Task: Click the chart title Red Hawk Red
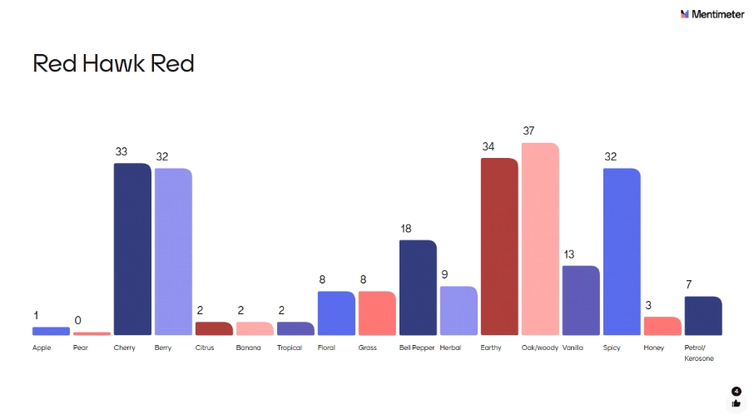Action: point(113,64)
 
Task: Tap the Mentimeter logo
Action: point(712,14)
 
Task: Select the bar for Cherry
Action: point(132,249)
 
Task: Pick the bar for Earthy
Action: point(499,246)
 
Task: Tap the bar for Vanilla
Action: point(581,300)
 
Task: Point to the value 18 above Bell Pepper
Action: point(406,229)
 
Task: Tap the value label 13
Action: point(569,254)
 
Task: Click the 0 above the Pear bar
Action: point(78,320)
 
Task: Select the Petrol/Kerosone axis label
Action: point(699,352)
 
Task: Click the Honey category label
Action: point(654,348)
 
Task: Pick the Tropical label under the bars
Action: point(290,348)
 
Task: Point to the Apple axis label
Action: point(42,348)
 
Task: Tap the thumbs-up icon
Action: point(736,403)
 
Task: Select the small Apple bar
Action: point(51,331)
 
